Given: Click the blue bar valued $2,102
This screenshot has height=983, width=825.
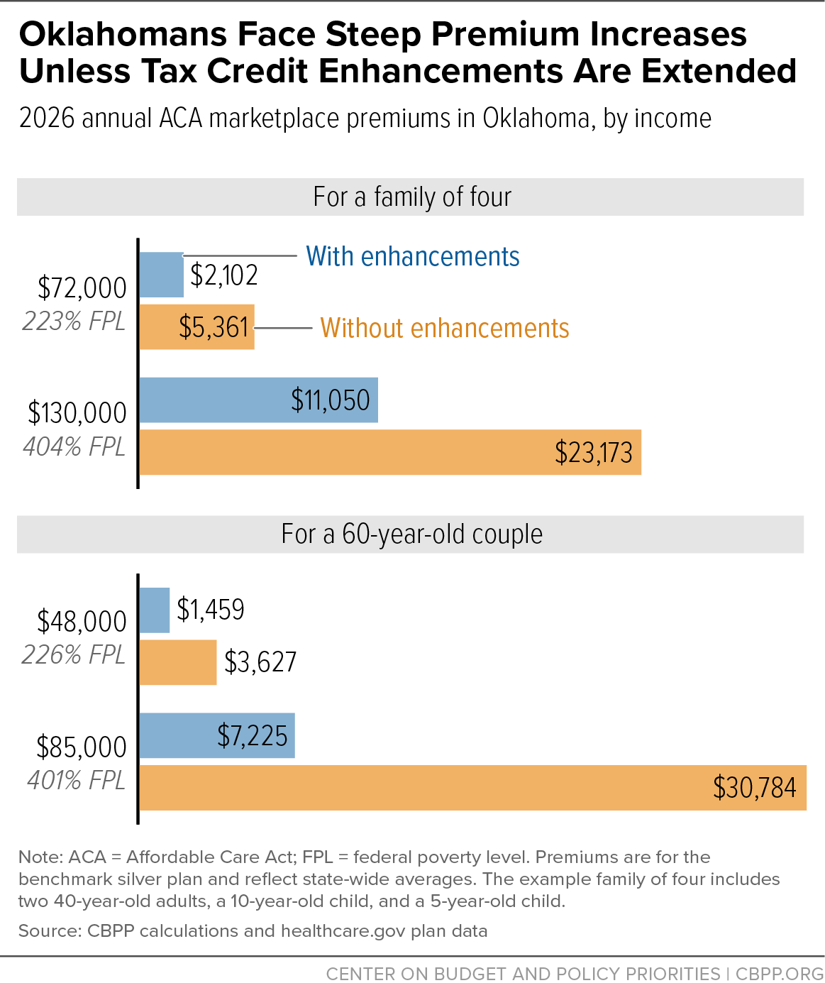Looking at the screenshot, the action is [162, 275].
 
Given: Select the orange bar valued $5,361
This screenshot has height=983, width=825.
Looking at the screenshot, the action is [197, 326].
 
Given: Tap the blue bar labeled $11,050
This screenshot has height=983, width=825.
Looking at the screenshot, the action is [259, 400].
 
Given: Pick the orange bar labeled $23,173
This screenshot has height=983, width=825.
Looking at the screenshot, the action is [391, 452].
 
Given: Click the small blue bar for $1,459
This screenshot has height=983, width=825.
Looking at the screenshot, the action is [155, 610].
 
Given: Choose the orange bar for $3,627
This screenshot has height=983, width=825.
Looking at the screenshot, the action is [178, 662].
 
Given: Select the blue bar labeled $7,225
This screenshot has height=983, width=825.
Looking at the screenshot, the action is [218, 735].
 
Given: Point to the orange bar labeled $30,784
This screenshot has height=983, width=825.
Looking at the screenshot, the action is [473, 788].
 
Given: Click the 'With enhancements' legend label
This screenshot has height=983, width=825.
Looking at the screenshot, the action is [413, 257].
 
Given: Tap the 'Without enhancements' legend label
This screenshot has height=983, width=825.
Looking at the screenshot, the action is [445, 328].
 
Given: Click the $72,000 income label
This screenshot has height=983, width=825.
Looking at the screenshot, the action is [82, 288].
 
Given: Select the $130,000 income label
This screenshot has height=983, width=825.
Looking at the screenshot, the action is [77, 413].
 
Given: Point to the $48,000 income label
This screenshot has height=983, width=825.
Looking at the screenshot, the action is [82, 622].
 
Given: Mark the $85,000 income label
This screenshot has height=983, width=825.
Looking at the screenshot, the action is [82, 747].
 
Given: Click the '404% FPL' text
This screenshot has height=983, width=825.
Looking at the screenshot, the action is [74, 446].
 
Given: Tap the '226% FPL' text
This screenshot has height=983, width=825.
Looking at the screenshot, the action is [73, 655].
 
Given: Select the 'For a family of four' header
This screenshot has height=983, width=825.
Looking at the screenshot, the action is [412, 197].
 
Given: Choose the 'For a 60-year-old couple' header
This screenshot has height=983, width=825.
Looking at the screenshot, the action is [412, 534].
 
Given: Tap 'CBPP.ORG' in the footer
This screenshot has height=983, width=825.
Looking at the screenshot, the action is [780, 974].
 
